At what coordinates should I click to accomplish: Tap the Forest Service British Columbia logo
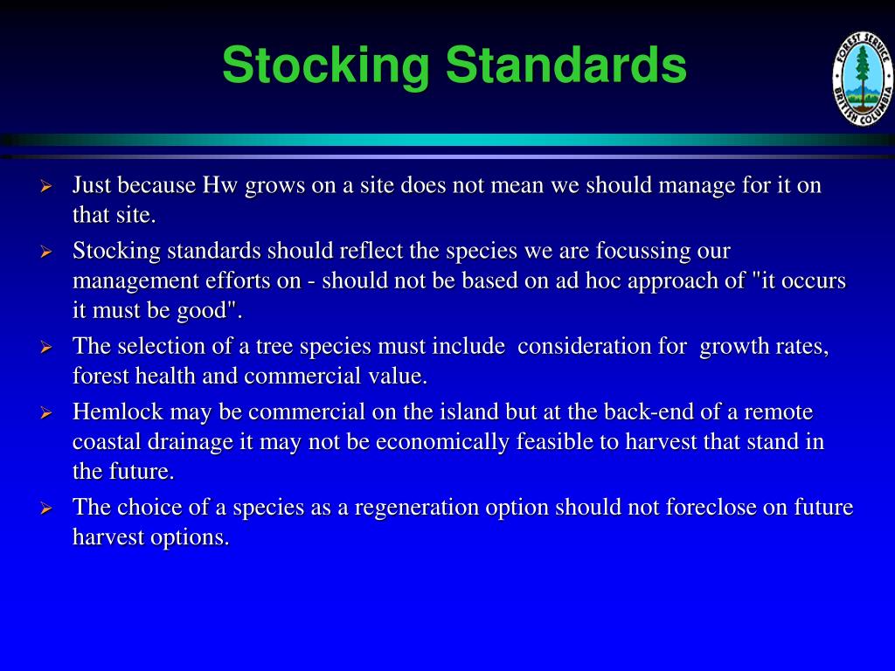pyautogui.click(x=862, y=84)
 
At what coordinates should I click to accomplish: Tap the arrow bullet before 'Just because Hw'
pyautogui.click(x=47, y=186)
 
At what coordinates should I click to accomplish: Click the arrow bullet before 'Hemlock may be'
pyautogui.click(x=47, y=412)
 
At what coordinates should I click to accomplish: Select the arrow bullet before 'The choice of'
pyautogui.click(x=47, y=508)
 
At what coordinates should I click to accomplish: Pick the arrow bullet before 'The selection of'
pyautogui.click(x=47, y=347)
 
